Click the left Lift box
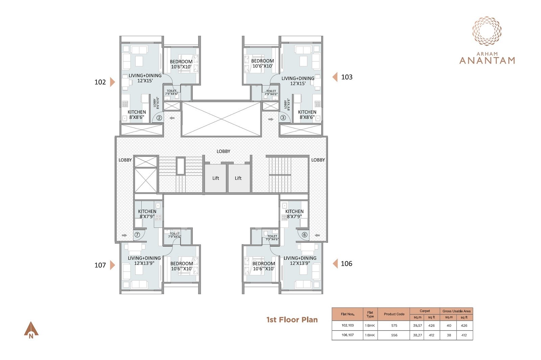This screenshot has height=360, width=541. point(215,178)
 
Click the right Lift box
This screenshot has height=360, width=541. point(238,178)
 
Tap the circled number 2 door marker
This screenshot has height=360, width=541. point(159,118)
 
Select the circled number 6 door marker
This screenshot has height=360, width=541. point(304,235)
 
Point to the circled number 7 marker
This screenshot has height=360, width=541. point(137,235)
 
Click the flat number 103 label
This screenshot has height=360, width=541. point(347,77)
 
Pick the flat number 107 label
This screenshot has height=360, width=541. point(100,265)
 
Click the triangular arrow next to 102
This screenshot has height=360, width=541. point(113,82)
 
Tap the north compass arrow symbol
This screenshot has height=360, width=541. point(31,330)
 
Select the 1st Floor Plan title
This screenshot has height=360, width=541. point(292,320)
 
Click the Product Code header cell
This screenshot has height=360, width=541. point(394,314)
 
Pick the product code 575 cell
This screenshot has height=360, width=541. point(394,326)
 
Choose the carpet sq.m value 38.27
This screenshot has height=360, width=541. point(417,335)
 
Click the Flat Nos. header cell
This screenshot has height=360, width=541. point(347,314)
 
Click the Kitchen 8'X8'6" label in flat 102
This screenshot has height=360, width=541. point(137,115)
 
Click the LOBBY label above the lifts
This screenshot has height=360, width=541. point(223,151)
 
